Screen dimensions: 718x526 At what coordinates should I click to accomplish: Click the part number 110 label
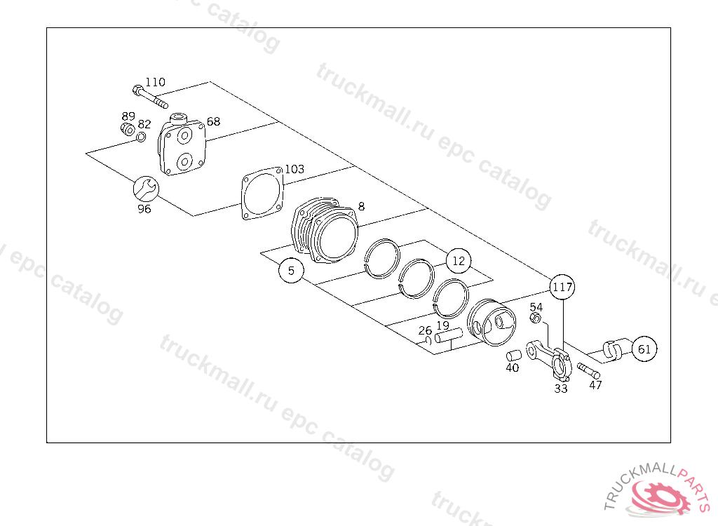coord(155,82)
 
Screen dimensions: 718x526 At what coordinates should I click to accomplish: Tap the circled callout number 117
coord(562,287)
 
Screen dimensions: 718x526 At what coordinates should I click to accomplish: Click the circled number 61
coord(644,349)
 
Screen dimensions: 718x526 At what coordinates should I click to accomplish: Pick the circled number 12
coord(459,261)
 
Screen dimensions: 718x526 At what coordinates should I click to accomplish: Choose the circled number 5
coord(291,270)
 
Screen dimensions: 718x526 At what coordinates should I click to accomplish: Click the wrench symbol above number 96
coord(146,189)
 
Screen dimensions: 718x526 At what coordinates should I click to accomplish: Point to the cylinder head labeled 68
coord(182,144)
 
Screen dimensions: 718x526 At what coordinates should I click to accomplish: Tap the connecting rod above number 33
coord(550,360)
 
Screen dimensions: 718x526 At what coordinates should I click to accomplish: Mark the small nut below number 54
coord(535,318)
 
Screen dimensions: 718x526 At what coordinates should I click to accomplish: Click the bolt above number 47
coord(588,370)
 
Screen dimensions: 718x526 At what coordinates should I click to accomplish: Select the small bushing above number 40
coord(514,355)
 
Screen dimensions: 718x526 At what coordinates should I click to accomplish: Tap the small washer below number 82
coord(141,137)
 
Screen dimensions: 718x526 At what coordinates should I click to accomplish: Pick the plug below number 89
coord(128,129)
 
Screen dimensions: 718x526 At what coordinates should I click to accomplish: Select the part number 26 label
coord(425,330)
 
